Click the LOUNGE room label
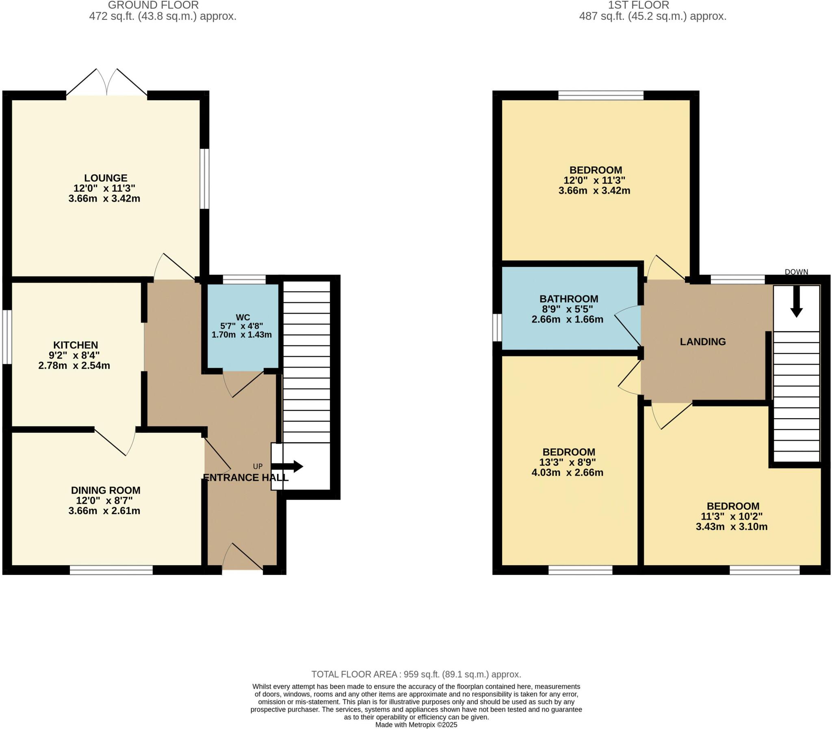(x=106, y=178)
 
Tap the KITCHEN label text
(x=76, y=345)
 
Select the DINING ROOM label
(x=106, y=490)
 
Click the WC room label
(x=243, y=318)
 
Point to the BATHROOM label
(x=569, y=299)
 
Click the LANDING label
(x=702, y=342)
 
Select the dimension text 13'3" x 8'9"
(x=568, y=462)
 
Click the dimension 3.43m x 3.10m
(x=732, y=527)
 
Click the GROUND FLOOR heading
(x=154, y=5)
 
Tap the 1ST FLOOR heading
(x=638, y=5)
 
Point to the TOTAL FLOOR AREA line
(x=416, y=675)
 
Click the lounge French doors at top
(x=107, y=83)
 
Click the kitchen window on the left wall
(x=7, y=337)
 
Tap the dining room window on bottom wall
(x=111, y=570)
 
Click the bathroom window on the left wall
(x=497, y=328)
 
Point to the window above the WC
(x=244, y=280)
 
